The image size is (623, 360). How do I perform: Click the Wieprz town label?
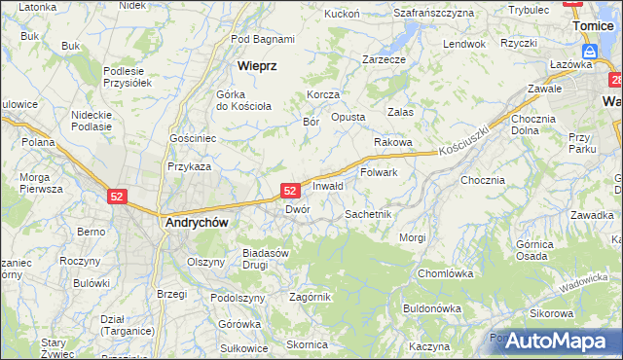(258, 66)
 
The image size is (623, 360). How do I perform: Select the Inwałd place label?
(328, 185)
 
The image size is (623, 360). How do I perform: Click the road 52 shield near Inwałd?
(290, 192)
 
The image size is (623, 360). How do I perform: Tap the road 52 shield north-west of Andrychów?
(117, 197)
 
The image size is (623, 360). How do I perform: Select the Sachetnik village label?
(369, 213)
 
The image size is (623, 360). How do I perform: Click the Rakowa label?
(393, 142)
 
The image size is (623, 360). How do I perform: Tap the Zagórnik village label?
(311, 297)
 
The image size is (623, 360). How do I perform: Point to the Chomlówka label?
(445, 273)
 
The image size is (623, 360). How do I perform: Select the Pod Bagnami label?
(263, 39)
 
